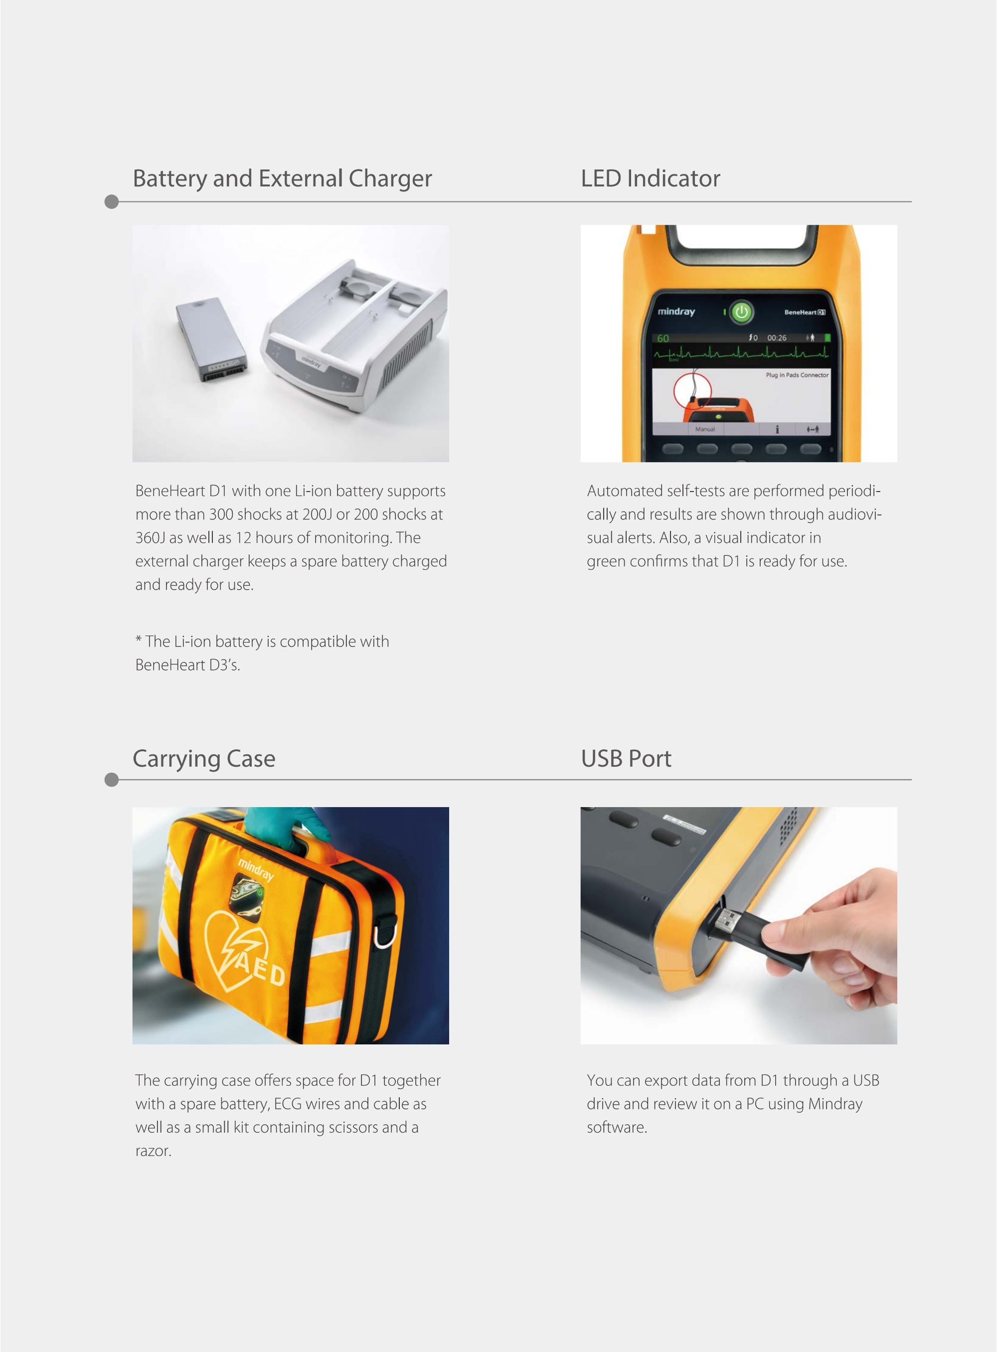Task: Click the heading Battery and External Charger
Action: [x=282, y=178]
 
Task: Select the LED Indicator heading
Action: [x=651, y=178]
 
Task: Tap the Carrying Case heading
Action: [x=204, y=759]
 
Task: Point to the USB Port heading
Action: [x=626, y=759]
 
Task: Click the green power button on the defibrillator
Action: [x=741, y=312]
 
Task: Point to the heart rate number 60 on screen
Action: [x=664, y=338]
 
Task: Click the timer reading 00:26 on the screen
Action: [x=777, y=338]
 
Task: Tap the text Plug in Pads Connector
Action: [x=797, y=375]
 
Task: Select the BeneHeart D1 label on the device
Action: [x=805, y=312]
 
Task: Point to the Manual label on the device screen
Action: [x=705, y=429]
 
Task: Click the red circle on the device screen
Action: [x=693, y=393]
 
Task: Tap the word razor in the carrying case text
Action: [x=154, y=1151]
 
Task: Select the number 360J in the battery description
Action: [x=150, y=538]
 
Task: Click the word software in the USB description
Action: [x=617, y=1128]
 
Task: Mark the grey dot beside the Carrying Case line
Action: [x=112, y=780]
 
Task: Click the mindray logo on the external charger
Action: [x=312, y=361]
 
